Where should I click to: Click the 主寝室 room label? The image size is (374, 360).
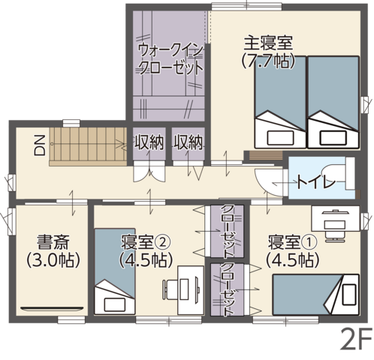[x=268, y=43]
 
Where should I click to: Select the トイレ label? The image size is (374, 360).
[x=316, y=182]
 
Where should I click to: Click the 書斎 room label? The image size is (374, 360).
[x=53, y=241]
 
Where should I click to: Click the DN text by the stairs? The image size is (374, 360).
[x=40, y=145]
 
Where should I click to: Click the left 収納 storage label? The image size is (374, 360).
[x=149, y=142]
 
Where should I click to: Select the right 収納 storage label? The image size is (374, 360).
[x=189, y=142]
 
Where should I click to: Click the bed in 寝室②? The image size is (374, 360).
[x=115, y=271]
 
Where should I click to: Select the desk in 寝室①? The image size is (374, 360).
[x=336, y=218]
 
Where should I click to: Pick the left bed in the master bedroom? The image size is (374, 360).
[x=280, y=102]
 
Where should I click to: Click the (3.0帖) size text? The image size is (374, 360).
[x=53, y=260]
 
